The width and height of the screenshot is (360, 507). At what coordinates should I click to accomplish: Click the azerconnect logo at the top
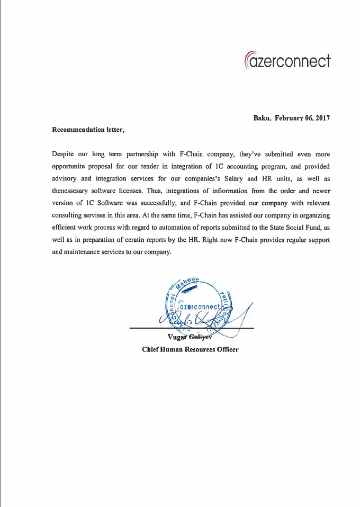pos(287,60)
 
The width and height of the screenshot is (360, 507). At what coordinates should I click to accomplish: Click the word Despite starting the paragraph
pos(63,154)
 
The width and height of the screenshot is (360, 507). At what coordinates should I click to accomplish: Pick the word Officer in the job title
pos(226,349)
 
